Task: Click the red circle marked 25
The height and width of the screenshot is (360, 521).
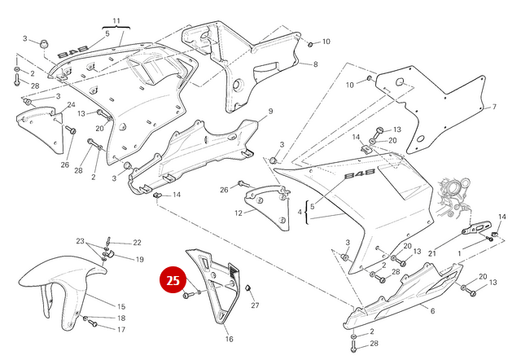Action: coord(173,281)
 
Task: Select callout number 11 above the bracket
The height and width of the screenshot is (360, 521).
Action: coord(116,20)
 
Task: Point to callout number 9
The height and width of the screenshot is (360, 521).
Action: coord(270,111)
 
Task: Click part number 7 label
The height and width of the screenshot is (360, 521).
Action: coord(493,107)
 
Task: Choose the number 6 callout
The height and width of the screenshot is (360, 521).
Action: coord(432,311)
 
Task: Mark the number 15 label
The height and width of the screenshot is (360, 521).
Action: coord(120,306)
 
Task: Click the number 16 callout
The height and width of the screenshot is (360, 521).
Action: coord(229,338)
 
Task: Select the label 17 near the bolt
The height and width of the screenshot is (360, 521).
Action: coord(120,330)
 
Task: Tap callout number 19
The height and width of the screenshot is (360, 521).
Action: coord(139,260)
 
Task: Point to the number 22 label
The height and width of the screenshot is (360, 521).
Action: coord(137,243)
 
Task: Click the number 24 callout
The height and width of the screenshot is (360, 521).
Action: coord(71,105)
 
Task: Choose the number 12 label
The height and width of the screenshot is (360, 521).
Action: coord(239,213)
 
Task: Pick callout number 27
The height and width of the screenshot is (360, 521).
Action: coord(255,305)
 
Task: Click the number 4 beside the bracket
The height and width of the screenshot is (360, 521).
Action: coord(300,213)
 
